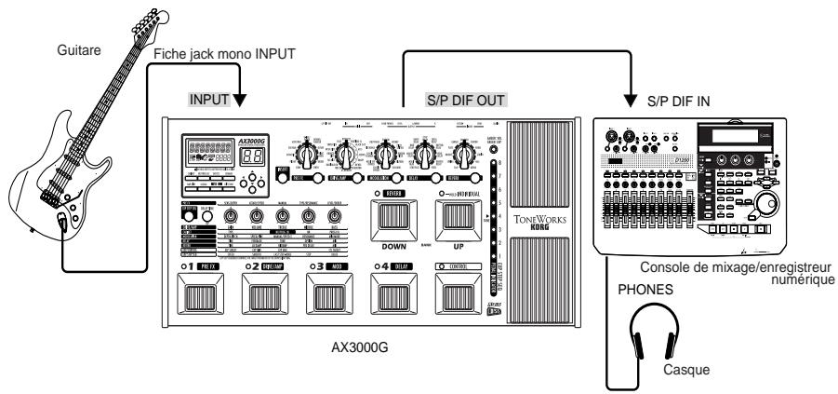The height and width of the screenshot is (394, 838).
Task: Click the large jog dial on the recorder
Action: (766, 204)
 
